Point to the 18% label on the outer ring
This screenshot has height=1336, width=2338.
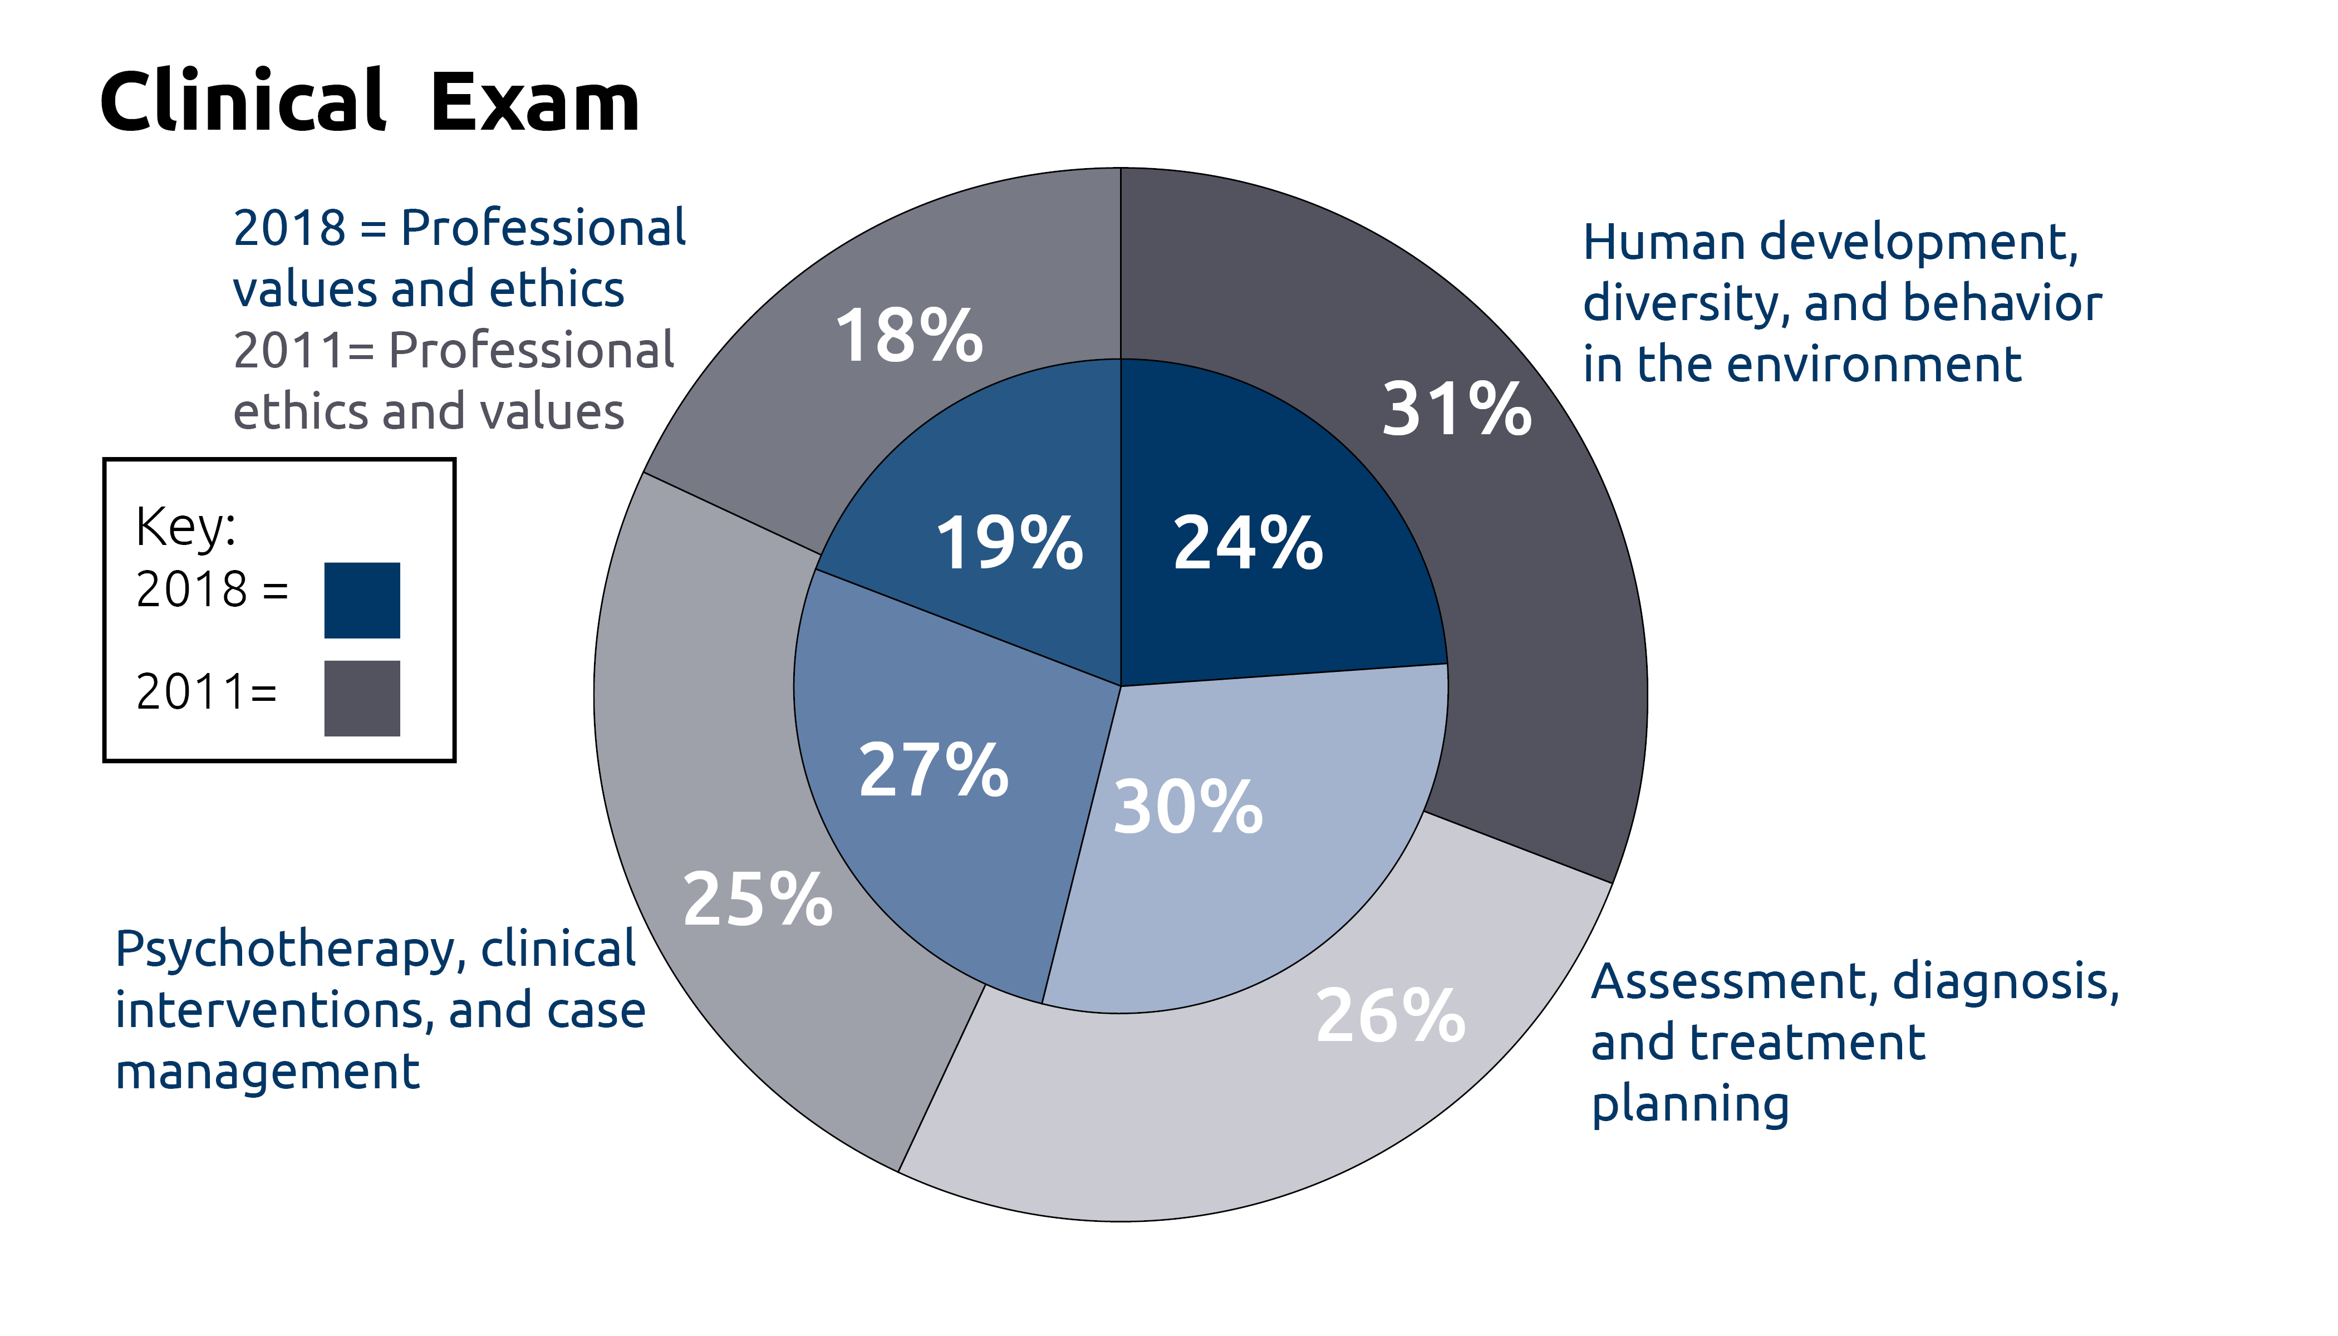click(x=908, y=335)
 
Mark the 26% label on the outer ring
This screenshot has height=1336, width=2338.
click(x=1390, y=1016)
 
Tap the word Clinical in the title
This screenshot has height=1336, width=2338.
click(x=242, y=99)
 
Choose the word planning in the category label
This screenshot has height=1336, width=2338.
click(x=1690, y=1105)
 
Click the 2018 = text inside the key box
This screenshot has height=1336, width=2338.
click(x=212, y=589)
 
